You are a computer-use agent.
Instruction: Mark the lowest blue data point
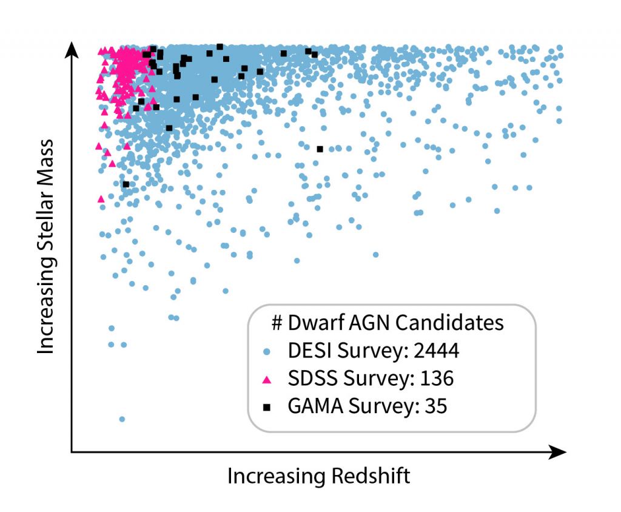122,419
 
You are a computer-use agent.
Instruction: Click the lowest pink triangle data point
101,198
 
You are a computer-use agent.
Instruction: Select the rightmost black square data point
320,149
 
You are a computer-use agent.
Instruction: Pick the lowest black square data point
126,184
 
